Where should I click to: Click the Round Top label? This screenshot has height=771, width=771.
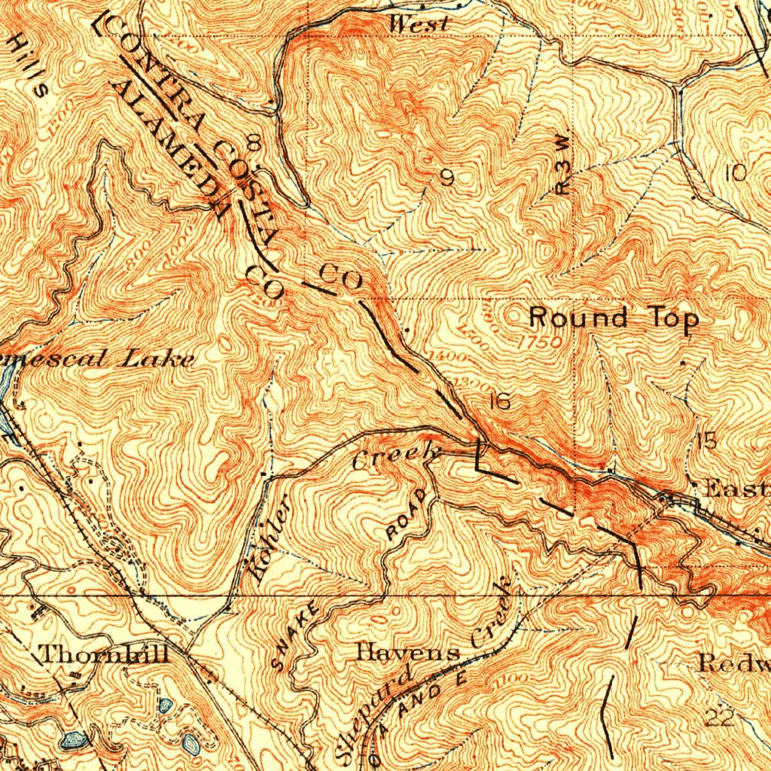[614, 318]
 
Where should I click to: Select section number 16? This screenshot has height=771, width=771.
[499, 402]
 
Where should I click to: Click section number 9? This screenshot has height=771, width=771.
[447, 178]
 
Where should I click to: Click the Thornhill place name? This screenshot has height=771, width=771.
[104, 654]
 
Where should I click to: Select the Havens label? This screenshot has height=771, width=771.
[408, 651]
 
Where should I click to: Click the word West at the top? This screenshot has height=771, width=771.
[419, 25]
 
